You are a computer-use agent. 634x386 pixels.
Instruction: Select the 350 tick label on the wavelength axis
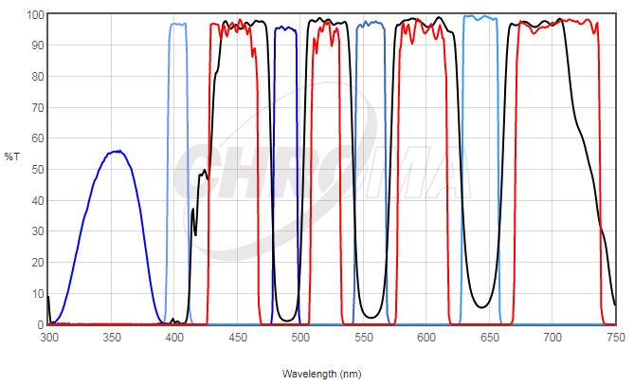point(112,337)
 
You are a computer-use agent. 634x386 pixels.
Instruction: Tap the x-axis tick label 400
point(174,337)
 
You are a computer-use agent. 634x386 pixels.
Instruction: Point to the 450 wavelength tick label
point(238,337)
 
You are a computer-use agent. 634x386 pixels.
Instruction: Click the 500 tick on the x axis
point(300,337)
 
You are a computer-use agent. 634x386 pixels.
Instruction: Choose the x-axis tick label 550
point(364,337)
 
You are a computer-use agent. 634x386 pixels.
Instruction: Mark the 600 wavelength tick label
point(426,337)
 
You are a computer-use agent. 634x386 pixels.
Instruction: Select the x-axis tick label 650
point(490,337)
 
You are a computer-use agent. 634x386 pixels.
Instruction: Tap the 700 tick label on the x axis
point(552,337)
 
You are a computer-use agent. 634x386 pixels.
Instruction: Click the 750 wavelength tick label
point(615,337)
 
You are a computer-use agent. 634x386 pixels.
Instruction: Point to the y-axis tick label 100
point(34,15)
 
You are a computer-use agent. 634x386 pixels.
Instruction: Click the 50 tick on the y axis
point(37,170)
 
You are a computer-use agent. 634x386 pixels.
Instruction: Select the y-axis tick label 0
point(40,324)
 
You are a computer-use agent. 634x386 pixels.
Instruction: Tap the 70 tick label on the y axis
point(37,108)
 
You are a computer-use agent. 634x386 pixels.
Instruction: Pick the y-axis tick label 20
point(37,263)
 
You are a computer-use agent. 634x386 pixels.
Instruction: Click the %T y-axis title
point(11,156)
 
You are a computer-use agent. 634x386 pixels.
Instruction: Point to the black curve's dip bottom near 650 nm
point(484,306)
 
